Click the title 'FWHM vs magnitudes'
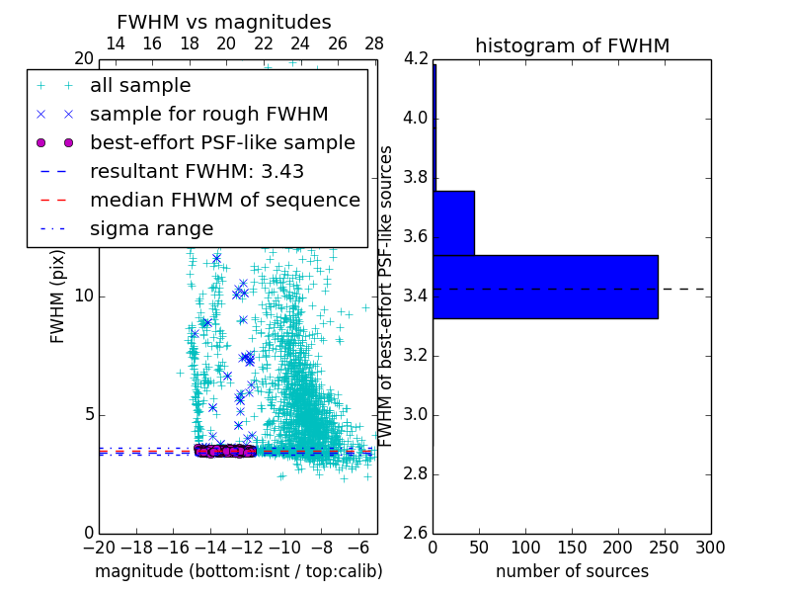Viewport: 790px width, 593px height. [x=224, y=22]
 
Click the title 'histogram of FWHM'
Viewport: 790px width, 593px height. [x=572, y=45]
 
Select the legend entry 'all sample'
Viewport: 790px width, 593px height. [x=140, y=86]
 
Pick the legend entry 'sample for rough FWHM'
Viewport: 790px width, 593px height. [x=208, y=115]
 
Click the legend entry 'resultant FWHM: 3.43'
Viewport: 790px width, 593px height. [x=197, y=172]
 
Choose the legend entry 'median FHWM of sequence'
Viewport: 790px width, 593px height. [x=224, y=201]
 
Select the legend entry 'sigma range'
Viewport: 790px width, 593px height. [x=151, y=229]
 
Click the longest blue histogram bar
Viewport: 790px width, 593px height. [x=545, y=287]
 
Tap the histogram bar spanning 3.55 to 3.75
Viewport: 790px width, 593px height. [x=453, y=222]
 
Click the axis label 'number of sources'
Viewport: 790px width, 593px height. [x=572, y=571]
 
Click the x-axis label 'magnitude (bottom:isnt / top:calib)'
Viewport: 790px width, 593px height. [x=238, y=571]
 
